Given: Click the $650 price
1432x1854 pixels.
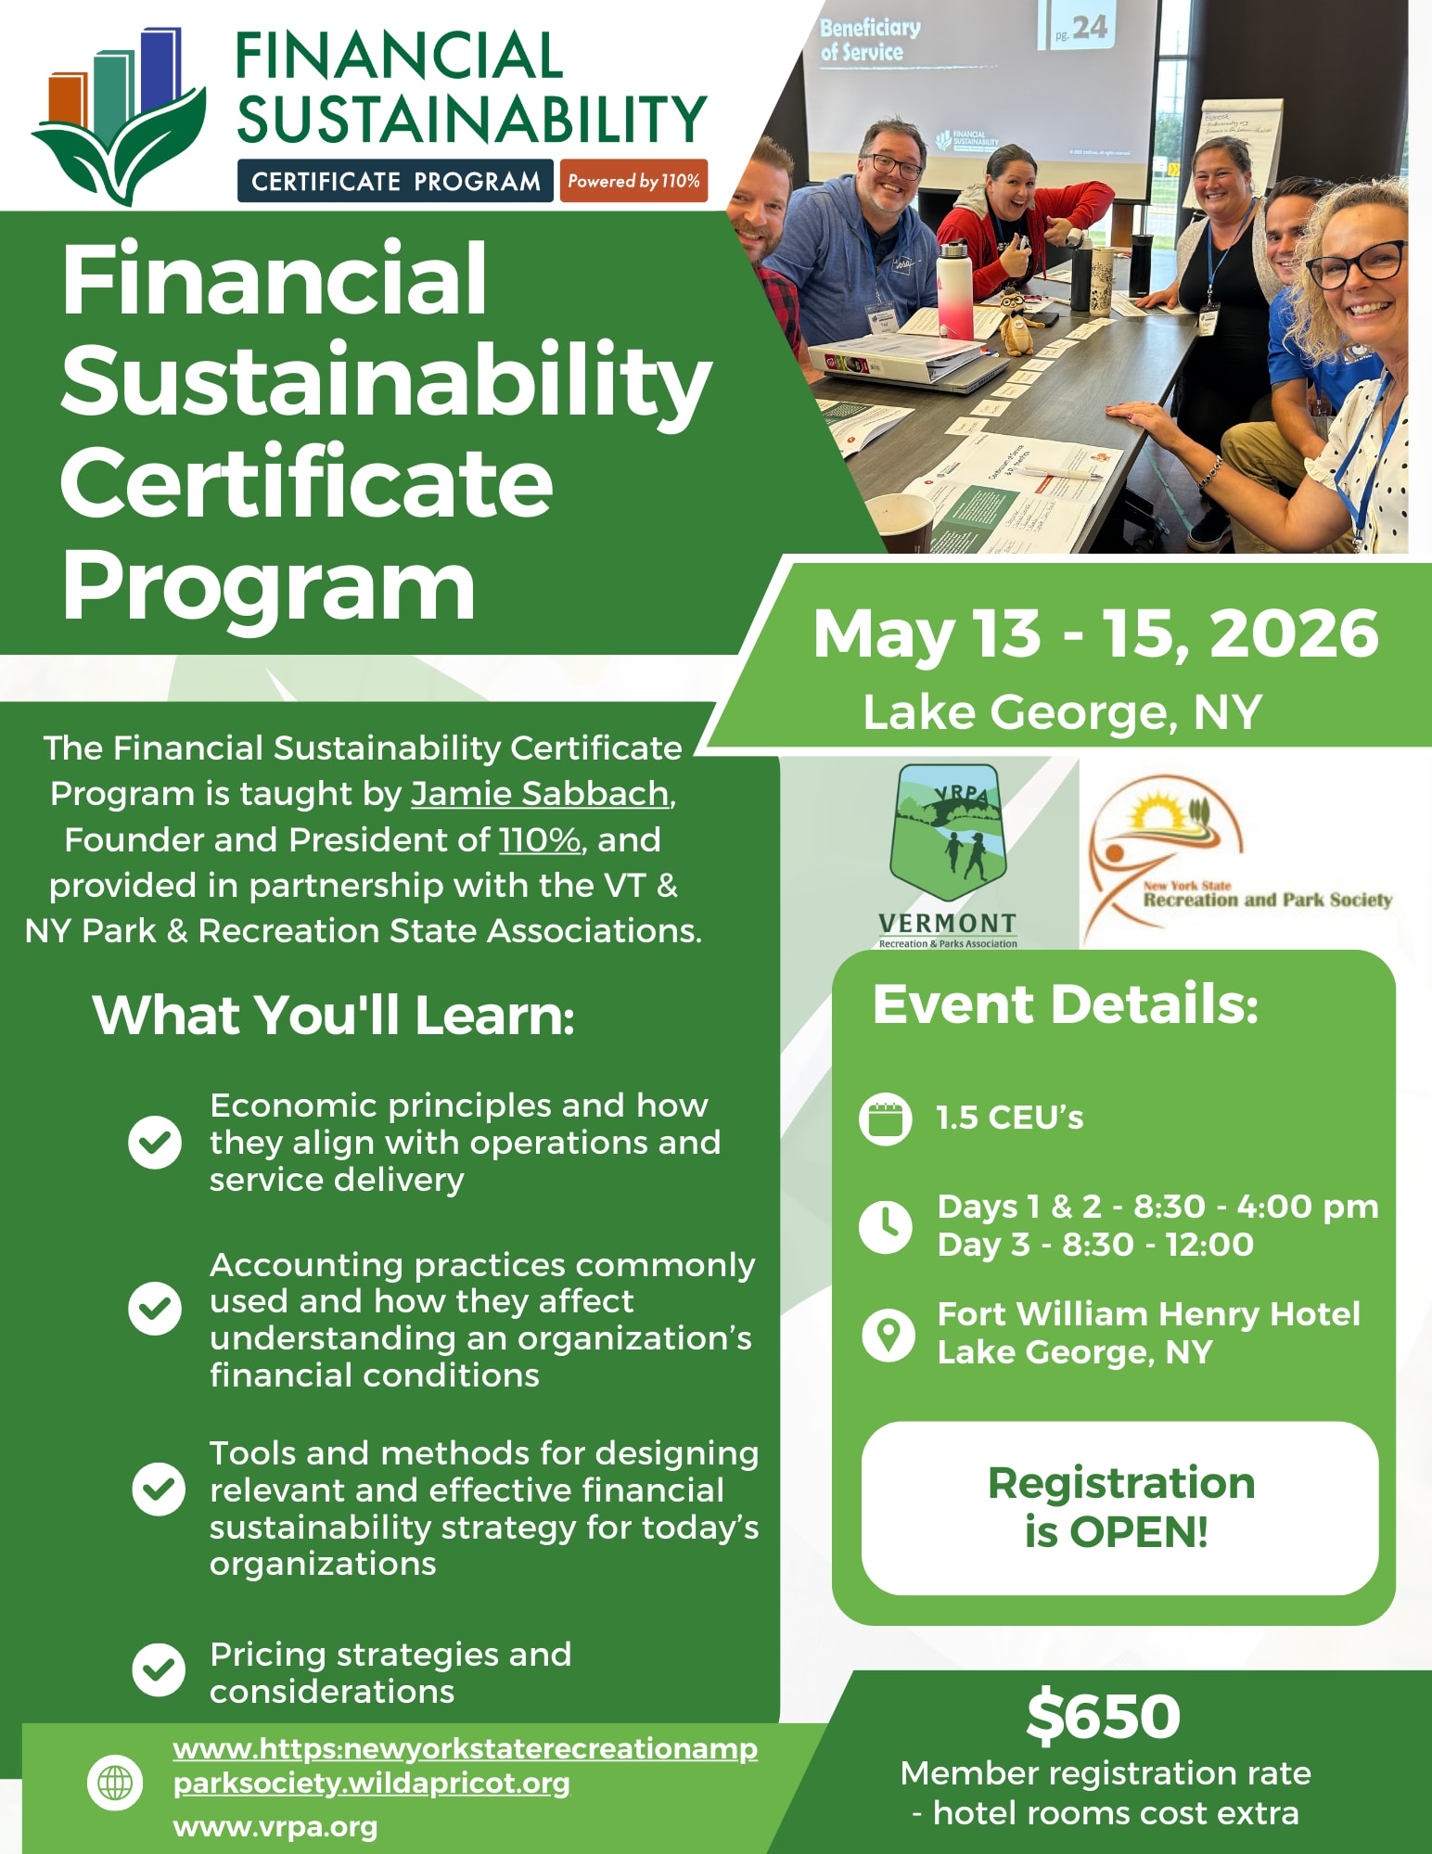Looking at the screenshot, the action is tap(1103, 1716).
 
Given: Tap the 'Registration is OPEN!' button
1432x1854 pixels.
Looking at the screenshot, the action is tap(1119, 1508).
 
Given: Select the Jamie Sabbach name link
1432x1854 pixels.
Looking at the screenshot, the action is tap(540, 794).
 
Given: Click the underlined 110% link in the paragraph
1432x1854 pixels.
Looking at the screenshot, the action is tap(540, 839).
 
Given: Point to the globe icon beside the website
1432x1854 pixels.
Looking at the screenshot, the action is tap(115, 1783).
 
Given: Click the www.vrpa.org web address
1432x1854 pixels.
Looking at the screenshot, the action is tap(275, 1827).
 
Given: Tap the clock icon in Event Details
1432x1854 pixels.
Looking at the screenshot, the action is tap(886, 1226).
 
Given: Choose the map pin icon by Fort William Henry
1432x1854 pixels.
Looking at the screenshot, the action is tap(889, 1336).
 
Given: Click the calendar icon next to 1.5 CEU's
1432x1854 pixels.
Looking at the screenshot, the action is tap(886, 1119).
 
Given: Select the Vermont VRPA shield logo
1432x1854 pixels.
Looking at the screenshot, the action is tap(948, 855).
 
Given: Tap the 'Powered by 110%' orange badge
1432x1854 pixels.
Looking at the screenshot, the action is tap(633, 181).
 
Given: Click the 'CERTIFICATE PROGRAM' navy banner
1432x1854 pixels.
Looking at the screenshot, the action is tap(396, 181).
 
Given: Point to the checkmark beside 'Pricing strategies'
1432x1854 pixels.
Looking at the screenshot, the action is tap(159, 1669).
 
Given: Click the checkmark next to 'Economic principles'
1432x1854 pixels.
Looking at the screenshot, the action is tap(155, 1142).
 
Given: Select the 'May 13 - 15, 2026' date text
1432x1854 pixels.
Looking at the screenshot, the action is tap(1095, 633).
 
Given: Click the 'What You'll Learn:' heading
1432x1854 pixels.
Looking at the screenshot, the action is tap(333, 1015).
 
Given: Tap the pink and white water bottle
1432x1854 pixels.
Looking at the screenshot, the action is tap(954, 290).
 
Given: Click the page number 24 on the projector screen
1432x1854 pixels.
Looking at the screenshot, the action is tap(1090, 27).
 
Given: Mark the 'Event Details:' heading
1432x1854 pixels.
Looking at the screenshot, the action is tap(1065, 1004).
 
